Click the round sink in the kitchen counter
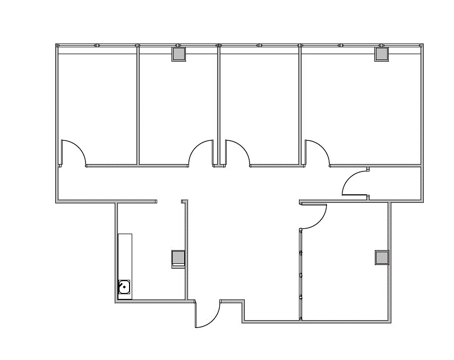124,287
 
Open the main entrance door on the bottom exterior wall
208,314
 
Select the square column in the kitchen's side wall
178,258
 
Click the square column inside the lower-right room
382,258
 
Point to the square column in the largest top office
382,54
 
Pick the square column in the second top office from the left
178,54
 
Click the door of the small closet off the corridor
355,184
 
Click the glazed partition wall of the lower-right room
301,274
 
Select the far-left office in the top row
97,106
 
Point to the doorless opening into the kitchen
169,202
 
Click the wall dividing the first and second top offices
138,106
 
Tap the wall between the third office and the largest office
301,106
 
